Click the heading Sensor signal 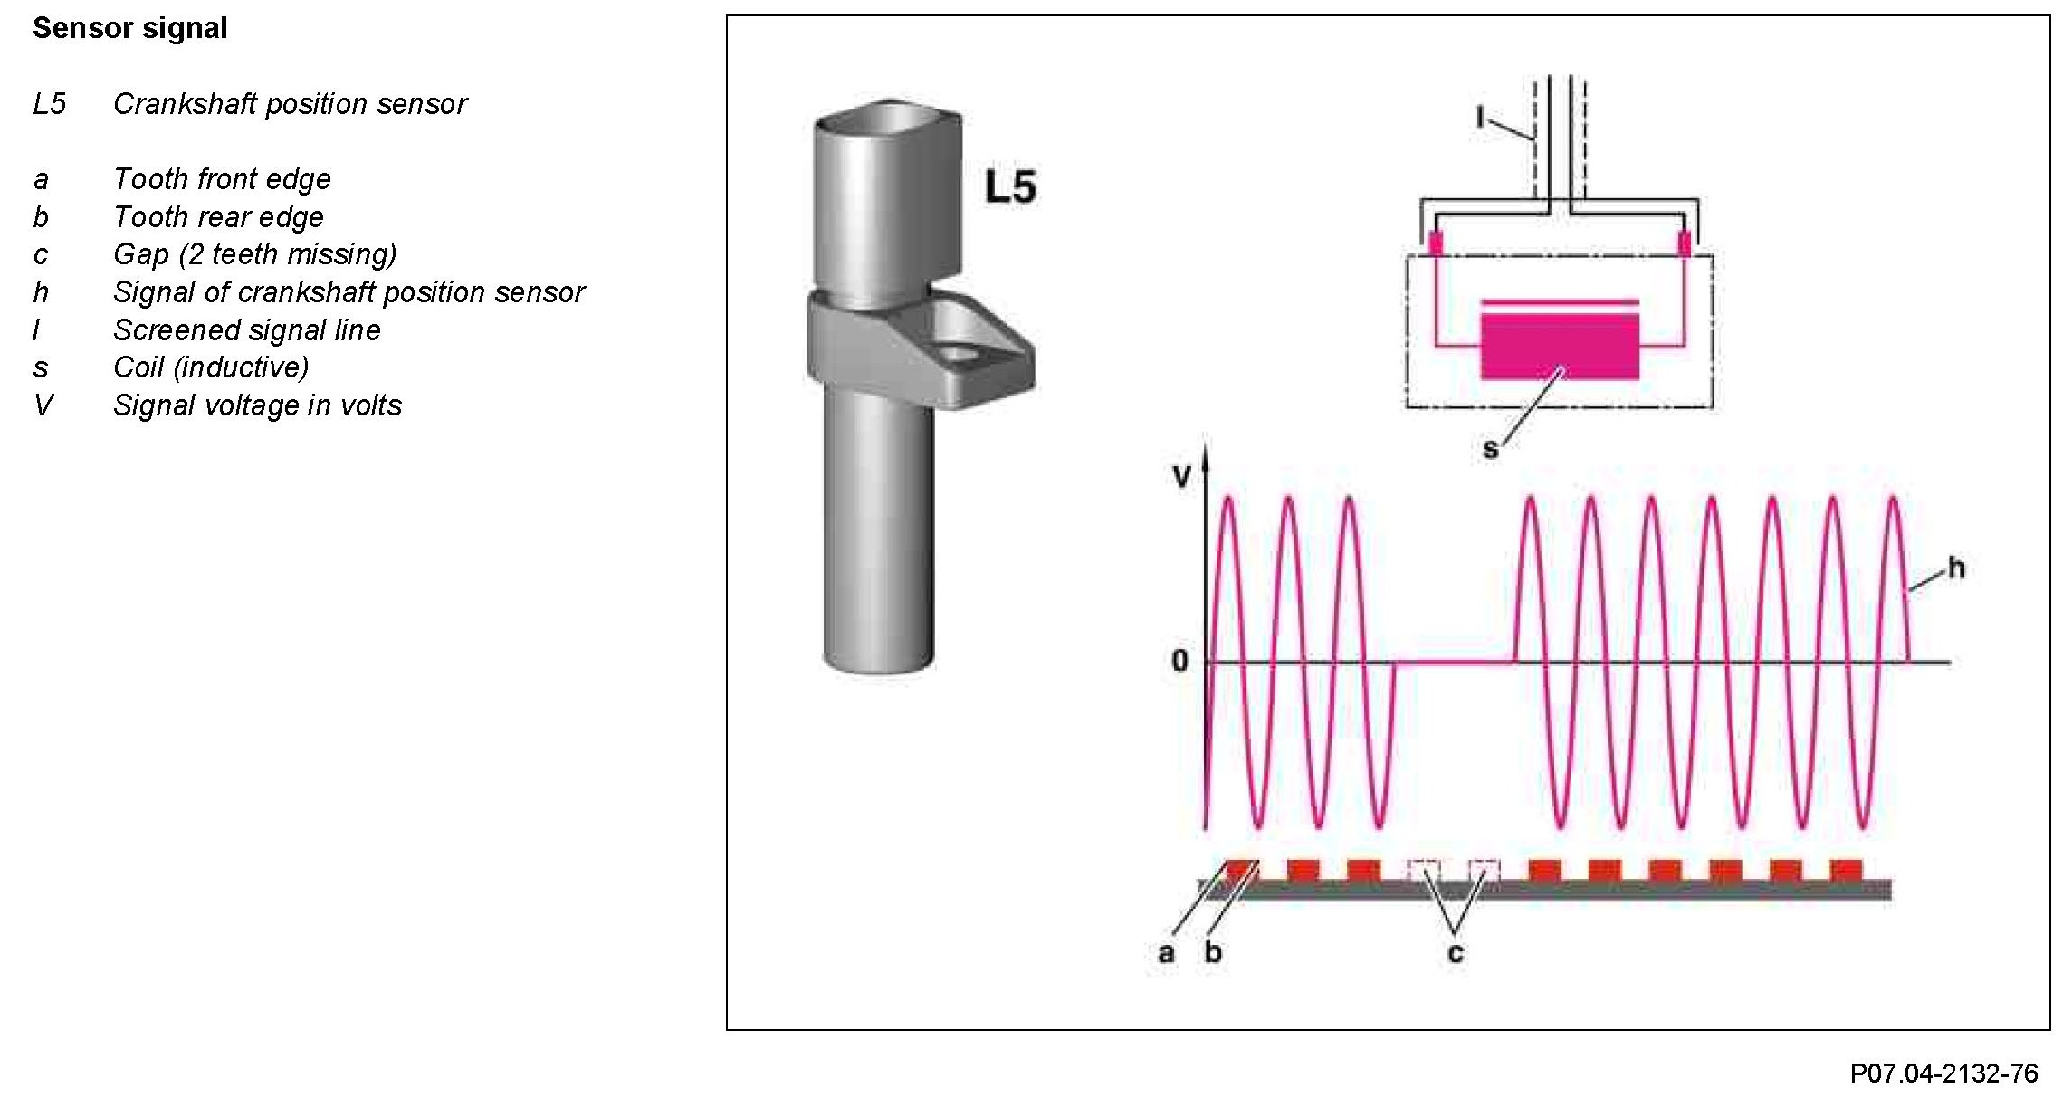129,28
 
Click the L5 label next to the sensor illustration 1010,187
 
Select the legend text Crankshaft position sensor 290,104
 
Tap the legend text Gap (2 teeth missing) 254,254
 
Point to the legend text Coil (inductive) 211,367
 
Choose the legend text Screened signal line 246,330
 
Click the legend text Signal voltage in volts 257,405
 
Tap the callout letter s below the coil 1490,448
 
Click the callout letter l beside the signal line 1480,117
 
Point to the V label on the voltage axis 1181,477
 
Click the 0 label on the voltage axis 1179,661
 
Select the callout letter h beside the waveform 1957,568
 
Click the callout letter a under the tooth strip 1166,952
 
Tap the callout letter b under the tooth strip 1213,952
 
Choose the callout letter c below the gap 1455,953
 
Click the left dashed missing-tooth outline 1424,871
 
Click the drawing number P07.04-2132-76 1943,1073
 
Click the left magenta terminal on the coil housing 1436,243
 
